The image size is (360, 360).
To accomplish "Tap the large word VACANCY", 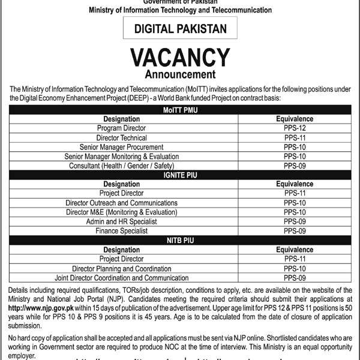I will coord(180,59).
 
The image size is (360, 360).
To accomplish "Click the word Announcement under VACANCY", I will coord(180,76).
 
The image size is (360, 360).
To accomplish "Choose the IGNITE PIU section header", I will coord(180,175).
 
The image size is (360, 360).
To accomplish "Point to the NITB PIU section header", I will coord(180,240).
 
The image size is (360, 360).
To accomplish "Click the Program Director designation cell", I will coord(121,128).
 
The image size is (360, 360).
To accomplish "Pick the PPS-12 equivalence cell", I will coord(295,128).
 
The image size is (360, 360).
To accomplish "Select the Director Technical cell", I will coord(121,137).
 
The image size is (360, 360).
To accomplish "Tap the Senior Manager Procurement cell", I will coord(121,147).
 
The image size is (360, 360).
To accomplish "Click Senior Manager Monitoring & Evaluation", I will coord(121,156).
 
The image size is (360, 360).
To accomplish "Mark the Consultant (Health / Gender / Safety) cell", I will coord(121,166).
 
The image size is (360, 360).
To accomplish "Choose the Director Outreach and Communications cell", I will coord(121,203).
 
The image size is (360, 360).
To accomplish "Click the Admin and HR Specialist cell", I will coord(121,221).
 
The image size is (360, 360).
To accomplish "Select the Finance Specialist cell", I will coord(121,230).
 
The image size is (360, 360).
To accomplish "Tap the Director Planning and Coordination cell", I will coord(121,268).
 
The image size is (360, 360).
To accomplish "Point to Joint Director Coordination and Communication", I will coord(121,277).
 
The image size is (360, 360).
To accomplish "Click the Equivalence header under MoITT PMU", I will coord(295,119).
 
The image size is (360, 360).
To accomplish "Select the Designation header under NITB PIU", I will coord(121,249).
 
